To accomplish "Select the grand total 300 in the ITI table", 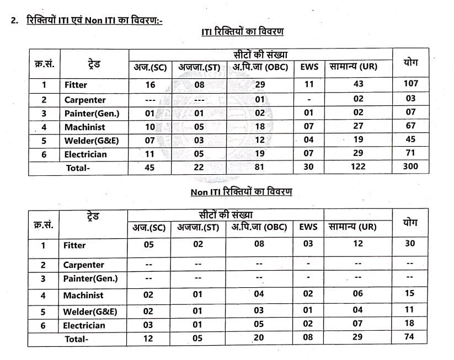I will (x=410, y=166).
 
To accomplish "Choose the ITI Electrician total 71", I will (x=410, y=153).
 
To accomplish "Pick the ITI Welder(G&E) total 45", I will (x=410, y=139).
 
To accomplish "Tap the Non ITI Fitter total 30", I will (x=409, y=243).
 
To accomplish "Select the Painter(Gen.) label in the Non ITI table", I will (x=90, y=278).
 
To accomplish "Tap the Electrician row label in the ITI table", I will (x=85, y=154).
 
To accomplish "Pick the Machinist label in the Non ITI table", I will (x=83, y=295).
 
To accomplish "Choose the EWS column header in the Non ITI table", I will (x=308, y=226).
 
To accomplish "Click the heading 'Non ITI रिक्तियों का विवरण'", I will (x=241, y=192).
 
